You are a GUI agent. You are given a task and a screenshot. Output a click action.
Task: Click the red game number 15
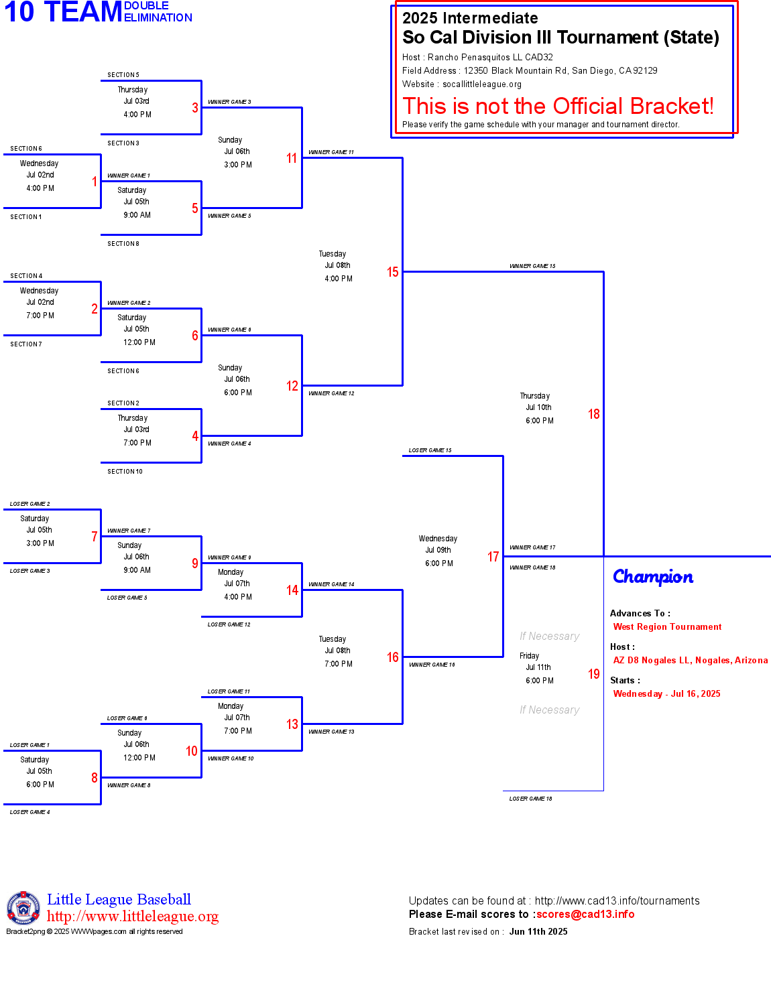(x=392, y=272)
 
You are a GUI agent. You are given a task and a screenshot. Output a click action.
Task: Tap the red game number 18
(x=593, y=414)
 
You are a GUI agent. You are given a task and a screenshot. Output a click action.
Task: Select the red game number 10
(x=192, y=750)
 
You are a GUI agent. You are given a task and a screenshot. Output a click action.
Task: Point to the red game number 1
(x=95, y=182)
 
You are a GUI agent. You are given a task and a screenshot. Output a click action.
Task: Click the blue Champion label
(x=652, y=577)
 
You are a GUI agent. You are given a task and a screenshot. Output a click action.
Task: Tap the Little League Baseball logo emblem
(x=23, y=908)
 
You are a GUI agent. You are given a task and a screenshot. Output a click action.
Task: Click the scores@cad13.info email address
(x=585, y=914)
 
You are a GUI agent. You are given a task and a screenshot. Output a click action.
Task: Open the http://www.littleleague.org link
(x=133, y=916)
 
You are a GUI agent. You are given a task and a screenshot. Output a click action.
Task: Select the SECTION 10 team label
(x=125, y=472)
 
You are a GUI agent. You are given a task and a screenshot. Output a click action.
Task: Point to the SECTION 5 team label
(x=123, y=75)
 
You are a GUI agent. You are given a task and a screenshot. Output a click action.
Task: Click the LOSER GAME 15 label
(x=430, y=450)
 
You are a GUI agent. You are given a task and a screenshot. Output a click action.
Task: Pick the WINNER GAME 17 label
(x=532, y=547)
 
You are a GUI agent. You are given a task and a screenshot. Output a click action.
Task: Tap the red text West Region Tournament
(x=667, y=626)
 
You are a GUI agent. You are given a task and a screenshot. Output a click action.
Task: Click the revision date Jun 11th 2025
(x=538, y=931)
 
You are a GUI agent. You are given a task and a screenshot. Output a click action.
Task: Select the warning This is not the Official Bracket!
(x=558, y=106)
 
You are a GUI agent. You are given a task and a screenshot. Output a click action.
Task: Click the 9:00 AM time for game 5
(x=137, y=215)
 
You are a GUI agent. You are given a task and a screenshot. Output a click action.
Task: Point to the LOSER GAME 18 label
(x=530, y=798)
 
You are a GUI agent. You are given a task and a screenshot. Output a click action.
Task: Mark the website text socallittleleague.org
(x=482, y=84)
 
